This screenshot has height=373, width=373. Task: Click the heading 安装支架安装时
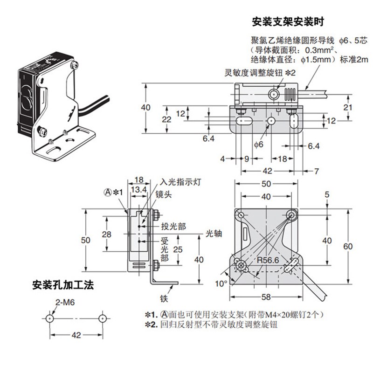(287, 22)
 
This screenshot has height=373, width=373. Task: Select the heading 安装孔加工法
(63, 285)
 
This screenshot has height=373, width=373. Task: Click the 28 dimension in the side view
(107, 234)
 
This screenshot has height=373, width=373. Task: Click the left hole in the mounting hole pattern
(50, 318)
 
